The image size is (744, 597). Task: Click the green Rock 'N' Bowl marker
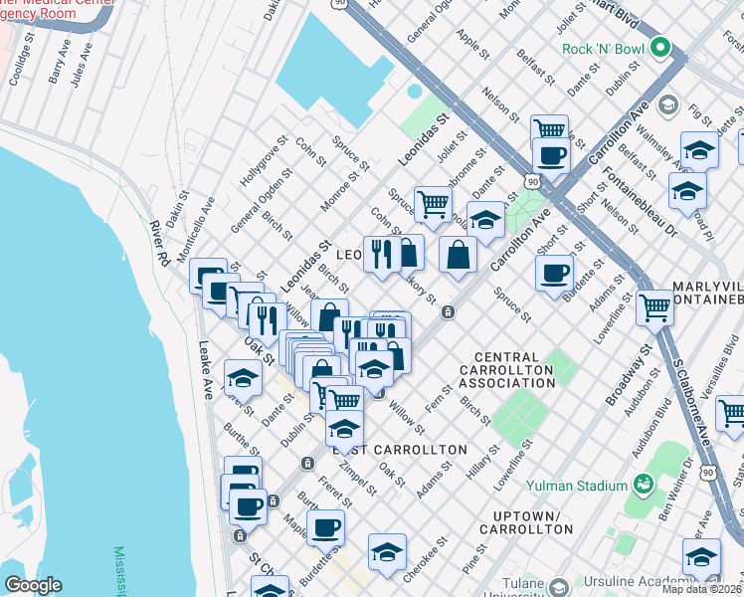click(659, 49)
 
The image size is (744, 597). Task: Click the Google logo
click(33, 585)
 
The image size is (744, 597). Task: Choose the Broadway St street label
click(619, 376)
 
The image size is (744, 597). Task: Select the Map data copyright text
click(701, 589)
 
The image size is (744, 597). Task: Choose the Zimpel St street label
click(357, 478)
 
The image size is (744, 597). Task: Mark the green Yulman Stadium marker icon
click(644, 485)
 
